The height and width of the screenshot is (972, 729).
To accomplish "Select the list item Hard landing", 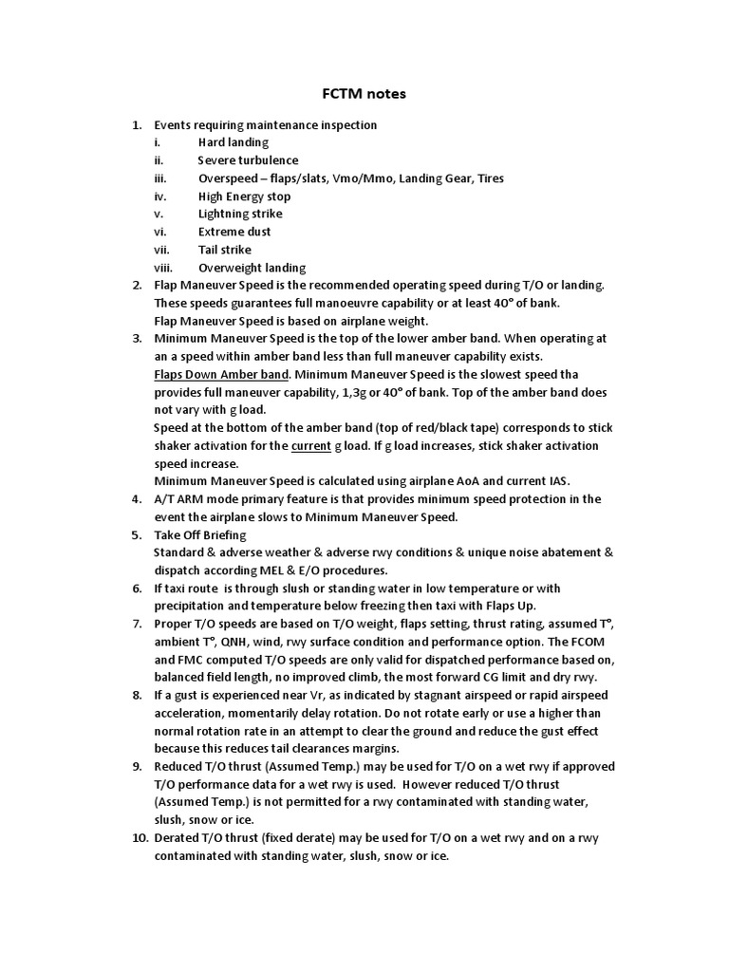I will point(234,142).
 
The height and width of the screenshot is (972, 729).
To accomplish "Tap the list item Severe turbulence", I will point(248,160).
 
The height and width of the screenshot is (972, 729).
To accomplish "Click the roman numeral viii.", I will point(164,268).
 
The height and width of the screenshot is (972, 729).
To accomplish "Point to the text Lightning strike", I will point(239,214).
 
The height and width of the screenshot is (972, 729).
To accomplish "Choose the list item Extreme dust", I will point(234,232).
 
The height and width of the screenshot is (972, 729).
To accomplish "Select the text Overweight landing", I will point(252,268).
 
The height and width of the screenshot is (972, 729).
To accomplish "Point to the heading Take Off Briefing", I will point(199,534).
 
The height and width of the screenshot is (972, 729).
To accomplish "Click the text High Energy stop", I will point(245,196).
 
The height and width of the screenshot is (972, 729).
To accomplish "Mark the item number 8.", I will point(137,695).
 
